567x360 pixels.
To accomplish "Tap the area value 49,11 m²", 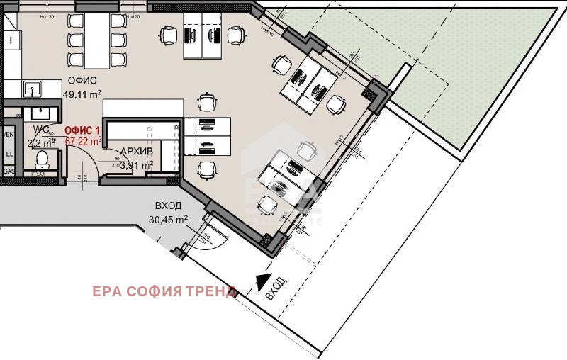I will [82, 94].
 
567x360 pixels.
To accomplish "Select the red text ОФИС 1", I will [82, 131].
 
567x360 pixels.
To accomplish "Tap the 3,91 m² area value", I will [137, 165].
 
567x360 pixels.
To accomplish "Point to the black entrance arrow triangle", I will [262, 282].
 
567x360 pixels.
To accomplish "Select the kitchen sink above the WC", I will [32, 89].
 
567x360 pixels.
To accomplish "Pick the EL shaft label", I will [9, 152].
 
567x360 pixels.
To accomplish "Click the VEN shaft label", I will [9, 134].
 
